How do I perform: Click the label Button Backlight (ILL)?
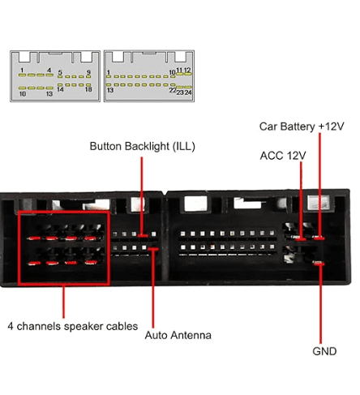click(x=142, y=147)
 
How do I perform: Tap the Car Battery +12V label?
click(x=302, y=127)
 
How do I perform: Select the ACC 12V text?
click(x=283, y=156)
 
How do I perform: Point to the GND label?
click(x=324, y=351)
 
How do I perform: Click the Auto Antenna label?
click(x=178, y=335)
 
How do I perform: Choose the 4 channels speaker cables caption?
click(x=73, y=326)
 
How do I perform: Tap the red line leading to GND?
click(x=320, y=303)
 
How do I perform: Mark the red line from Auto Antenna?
click(x=153, y=289)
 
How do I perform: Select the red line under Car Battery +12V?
click(x=319, y=185)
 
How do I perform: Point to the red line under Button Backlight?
click(x=141, y=196)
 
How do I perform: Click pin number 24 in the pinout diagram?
click(x=188, y=92)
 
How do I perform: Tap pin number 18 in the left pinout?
click(x=88, y=89)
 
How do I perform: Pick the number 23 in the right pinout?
click(x=180, y=92)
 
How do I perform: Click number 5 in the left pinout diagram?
click(x=60, y=72)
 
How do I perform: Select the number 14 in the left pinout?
click(x=60, y=89)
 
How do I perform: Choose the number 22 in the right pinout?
click(x=173, y=91)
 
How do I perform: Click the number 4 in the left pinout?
click(x=49, y=71)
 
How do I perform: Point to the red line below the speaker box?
click(x=63, y=302)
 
